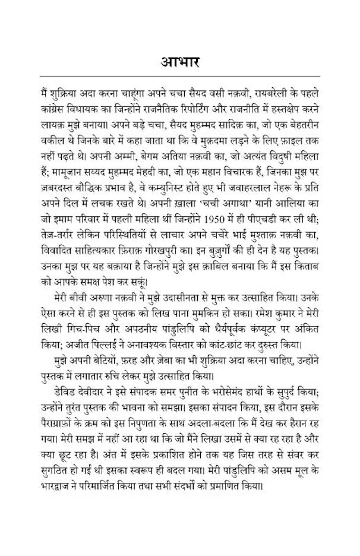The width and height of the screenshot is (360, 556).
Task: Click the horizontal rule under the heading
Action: pyautogui.click(x=179, y=76)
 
